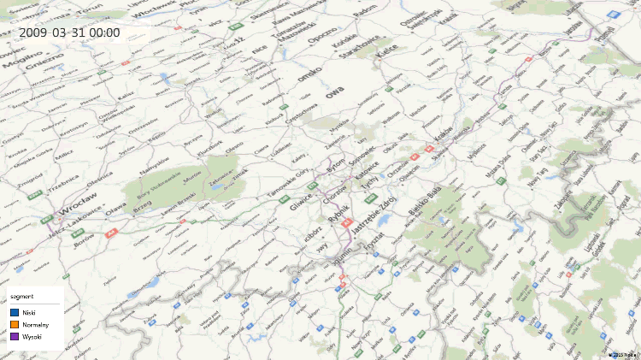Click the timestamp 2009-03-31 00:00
coord(69,33)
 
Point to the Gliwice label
coord(302,202)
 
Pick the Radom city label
coord(364,9)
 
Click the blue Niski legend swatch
coord(15,313)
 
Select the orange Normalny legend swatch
coord(15,325)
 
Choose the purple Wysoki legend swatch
coord(15,337)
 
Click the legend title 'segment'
coord(22,296)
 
